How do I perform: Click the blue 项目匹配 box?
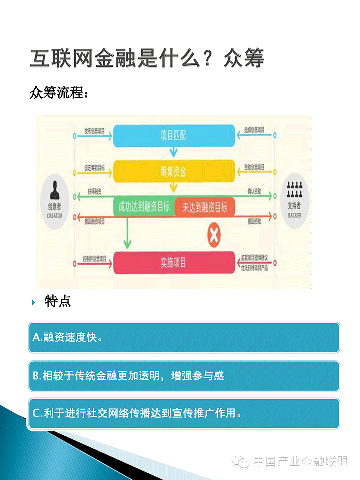[173, 135]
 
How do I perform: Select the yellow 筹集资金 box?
[173, 172]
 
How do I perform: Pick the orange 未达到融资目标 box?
[205, 207]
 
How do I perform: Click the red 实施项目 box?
[173, 262]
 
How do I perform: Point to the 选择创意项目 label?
[254, 130]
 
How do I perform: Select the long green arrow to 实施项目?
[127, 232]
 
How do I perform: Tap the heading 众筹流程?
[59, 93]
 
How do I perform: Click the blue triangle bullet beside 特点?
[33, 302]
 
